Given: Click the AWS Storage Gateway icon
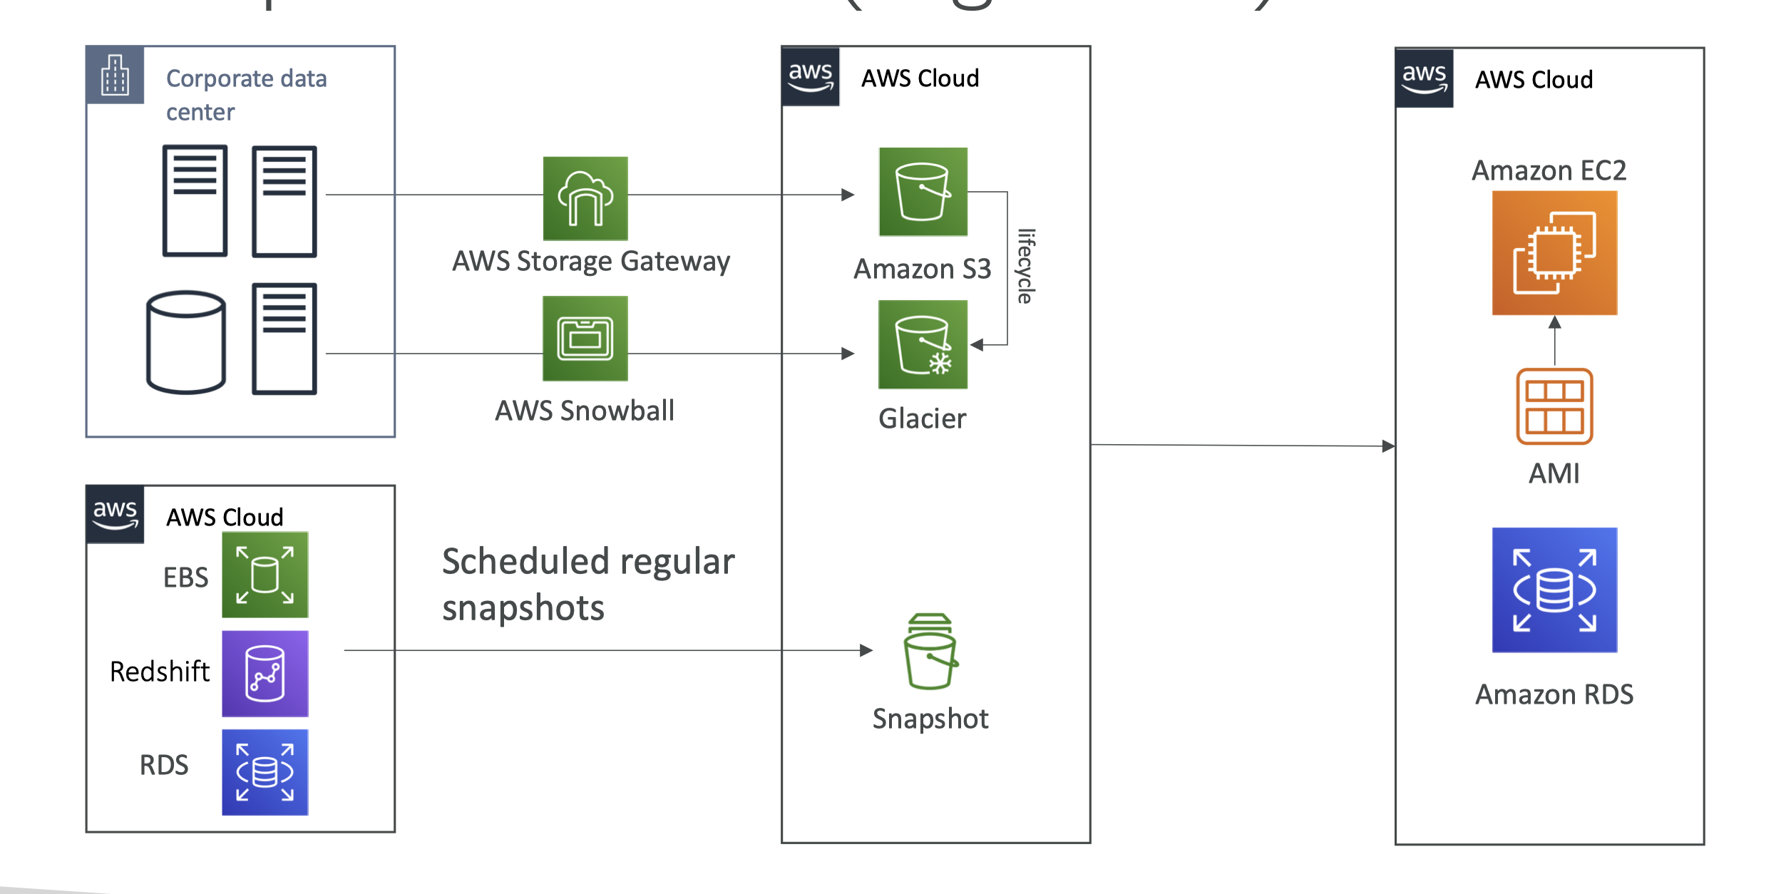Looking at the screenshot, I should point(585,198).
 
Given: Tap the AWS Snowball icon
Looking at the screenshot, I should point(585,339).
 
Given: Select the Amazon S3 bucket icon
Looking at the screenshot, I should point(923,192).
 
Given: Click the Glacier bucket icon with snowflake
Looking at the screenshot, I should point(923,344).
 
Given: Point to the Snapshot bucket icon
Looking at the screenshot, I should point(930,652).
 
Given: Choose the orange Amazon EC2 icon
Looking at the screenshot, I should point(1554,253).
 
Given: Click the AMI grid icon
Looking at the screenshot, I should point(1554,406).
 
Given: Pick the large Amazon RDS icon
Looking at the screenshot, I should point(1554,590).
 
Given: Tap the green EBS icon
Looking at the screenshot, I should point(265,575).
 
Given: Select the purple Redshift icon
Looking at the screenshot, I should point(265,674).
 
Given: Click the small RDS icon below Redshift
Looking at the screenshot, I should point(265,772).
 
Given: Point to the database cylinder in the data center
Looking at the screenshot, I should point(186,342).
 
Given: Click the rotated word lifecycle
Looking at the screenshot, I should point(1025,266).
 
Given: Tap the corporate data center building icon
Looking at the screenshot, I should point(115,75).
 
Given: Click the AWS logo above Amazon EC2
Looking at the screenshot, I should point(1424,78).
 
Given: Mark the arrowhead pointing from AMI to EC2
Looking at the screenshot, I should point(1554,323).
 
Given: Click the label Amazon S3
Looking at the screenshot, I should point(923,269).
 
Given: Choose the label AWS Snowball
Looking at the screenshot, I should point(585,411).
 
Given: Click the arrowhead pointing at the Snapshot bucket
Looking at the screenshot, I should point(866,650).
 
